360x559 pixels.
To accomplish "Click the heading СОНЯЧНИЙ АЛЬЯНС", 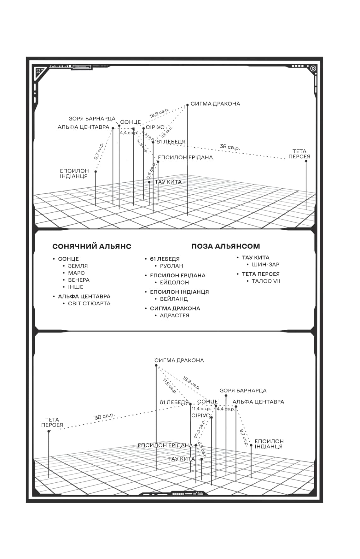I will [92, 246].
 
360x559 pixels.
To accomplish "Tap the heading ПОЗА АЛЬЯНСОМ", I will [225, 246].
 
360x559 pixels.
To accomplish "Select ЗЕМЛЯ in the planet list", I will [78, 266].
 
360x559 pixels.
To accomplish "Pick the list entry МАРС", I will [76, 273].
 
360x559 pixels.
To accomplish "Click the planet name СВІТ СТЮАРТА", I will [89, 303].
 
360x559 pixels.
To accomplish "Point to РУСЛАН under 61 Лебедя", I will [171, 266].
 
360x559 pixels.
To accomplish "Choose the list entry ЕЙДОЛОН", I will [174, 282].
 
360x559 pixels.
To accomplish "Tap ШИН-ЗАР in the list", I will [265, 264].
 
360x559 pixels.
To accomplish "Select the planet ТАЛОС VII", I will [266, 281].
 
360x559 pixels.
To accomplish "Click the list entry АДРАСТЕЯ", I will [174, 315].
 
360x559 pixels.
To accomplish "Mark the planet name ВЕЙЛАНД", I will [174, 299].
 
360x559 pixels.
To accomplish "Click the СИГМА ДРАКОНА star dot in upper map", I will [187, 105].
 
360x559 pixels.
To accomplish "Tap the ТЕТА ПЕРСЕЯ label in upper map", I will [299, 154].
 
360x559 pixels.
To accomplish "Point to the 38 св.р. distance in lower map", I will [104, 416].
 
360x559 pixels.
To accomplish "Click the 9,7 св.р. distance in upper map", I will [99, 151].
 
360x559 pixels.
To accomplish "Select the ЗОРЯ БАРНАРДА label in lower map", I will [243, 391].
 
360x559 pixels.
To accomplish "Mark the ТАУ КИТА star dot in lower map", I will [201, 459].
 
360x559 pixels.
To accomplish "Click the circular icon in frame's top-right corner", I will [313, 68].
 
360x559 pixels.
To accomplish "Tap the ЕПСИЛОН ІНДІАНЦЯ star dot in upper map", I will [96, 172].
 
